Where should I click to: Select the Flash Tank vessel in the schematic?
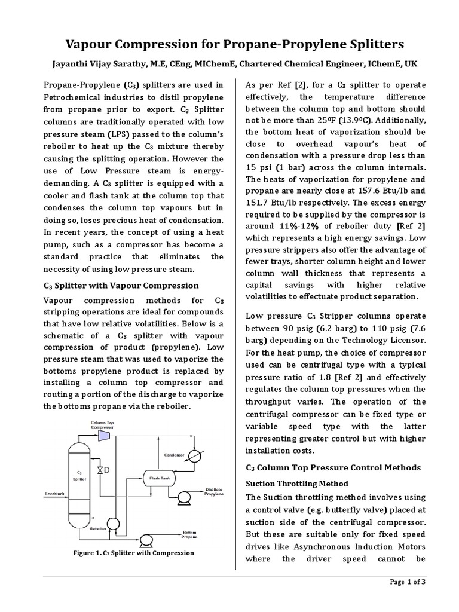(x=156, y=476)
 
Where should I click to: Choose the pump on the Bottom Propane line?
(x=145, y=539)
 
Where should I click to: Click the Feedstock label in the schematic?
(x=55, y=494)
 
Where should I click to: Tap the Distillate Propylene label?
(x=215, y=491)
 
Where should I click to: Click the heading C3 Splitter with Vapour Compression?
(x=121, y=286)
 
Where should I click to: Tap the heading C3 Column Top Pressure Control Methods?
(x=333, y=467)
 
